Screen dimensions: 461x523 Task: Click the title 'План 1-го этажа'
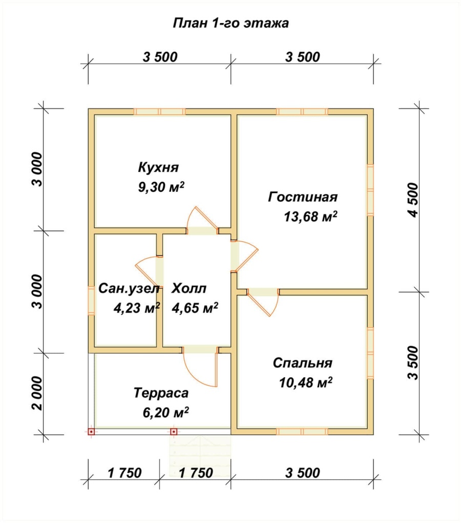pos(230,24)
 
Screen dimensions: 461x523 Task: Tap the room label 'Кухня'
pos(159,167)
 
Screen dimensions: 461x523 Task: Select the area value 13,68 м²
pos(310,217)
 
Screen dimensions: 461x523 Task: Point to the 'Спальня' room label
pos(302,363)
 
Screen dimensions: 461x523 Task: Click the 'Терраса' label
pos(161,393)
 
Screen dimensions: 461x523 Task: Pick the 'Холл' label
pos(189,289)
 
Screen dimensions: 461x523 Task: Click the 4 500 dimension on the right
pos(413,200)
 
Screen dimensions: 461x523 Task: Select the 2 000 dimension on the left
pos(38,394)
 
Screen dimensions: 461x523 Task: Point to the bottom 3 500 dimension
pos(302,473)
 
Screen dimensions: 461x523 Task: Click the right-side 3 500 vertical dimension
pos(413,363)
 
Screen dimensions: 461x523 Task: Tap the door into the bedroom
pos(263,302)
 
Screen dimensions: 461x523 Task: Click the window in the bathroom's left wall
pos(91,300)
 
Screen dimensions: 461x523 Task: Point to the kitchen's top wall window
pos(159,111)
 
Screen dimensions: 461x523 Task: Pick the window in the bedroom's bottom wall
pos(302,432)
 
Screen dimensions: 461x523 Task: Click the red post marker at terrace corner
pos(91,432)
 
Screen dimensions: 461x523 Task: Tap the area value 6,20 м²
pos(166,413)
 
